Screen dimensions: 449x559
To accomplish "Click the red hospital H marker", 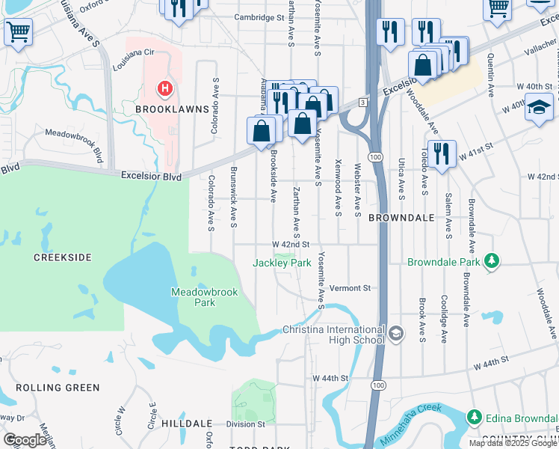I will tap(164, 90).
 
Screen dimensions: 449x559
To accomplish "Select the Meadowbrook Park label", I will tap(194, 297).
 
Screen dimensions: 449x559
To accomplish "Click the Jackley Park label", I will tap(282, 263).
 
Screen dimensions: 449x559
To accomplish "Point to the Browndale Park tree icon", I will tap(492, 260).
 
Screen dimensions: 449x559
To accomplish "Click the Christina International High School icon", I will tap(395, 332).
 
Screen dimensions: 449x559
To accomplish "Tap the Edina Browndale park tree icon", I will tap(473, 416).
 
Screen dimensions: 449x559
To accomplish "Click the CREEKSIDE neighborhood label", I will tap(63, 257).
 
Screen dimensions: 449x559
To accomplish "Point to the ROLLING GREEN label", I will tap(58, 388).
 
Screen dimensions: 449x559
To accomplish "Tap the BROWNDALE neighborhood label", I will tap(401, 218).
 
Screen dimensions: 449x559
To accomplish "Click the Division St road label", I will tap(246, 424).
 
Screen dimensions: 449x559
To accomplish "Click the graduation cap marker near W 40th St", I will tap(539, 107).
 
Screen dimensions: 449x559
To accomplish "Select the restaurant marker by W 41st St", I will tap(442, 154).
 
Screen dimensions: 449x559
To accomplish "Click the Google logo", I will tap(25, 440).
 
